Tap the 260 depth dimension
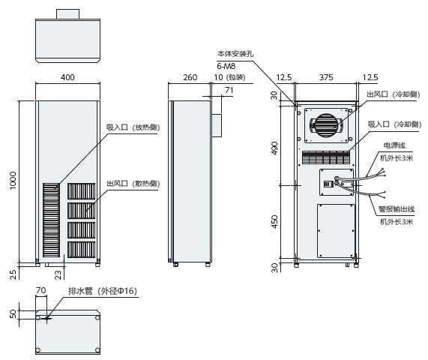pos(190,78)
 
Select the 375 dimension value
pos(326,78)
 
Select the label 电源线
pos(394,145)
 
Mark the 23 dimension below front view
pos(58,274)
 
